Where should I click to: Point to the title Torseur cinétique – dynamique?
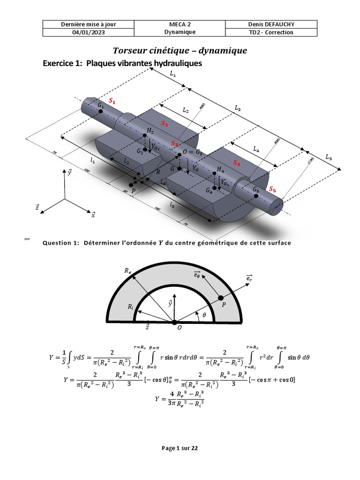180,50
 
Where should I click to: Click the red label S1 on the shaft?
112,101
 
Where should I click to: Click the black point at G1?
101,111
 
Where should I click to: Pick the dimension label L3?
238,107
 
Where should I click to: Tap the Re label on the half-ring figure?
127,271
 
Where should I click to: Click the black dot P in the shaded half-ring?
221,298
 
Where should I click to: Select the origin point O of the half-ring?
174,322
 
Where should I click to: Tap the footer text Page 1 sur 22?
180,448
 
